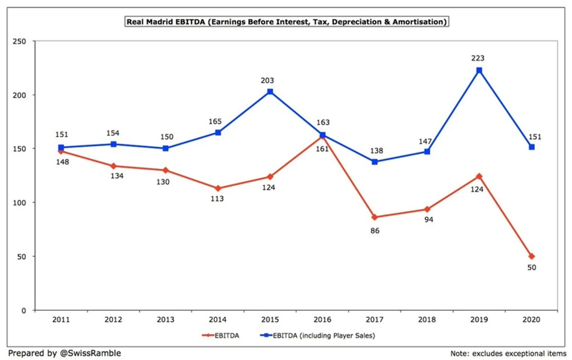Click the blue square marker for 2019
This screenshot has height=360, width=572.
pos(479,71)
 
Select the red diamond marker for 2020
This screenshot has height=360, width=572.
pos(531,256)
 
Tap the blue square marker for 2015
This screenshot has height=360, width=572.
pos(270,92)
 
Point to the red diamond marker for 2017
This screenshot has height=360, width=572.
pos(375,217)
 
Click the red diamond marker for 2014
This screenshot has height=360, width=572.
pos(218,188)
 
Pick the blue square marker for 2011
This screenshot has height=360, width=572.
pos(61,148)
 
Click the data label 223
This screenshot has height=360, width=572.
pos(478,58)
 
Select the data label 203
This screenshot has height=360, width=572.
pos(267,81)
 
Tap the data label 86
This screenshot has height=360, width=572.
pos(375,231)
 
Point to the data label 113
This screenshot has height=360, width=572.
pos(217,199)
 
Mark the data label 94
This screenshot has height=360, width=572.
pos(429,220)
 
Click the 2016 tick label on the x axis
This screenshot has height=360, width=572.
pos(322,320)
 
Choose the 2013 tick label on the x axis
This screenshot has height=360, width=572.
pos(165,320)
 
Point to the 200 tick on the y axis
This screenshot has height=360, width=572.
pos(19,95)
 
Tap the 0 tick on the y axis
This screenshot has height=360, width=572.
pos(24,311)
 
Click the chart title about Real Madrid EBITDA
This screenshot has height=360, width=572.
pos(286,22)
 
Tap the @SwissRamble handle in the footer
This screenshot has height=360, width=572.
pos(90,353)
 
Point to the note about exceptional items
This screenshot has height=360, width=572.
pos(508,353)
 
